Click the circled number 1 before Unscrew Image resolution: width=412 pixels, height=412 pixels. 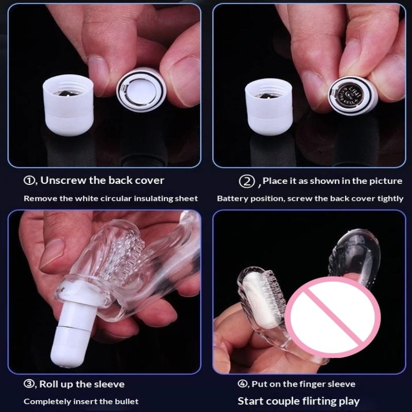click(29, 181)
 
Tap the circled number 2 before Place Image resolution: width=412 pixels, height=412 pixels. click(247, 181)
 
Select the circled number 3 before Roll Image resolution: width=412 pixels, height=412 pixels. click(29, 384)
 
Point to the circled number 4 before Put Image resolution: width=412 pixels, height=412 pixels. click(242, 384)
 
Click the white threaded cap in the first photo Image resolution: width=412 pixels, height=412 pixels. click(68, 105)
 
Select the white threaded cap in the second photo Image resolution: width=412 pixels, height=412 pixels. click(269, 107)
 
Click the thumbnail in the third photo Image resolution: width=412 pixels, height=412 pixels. click(52, 253)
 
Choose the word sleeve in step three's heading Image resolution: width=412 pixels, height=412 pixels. click(109, 384)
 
